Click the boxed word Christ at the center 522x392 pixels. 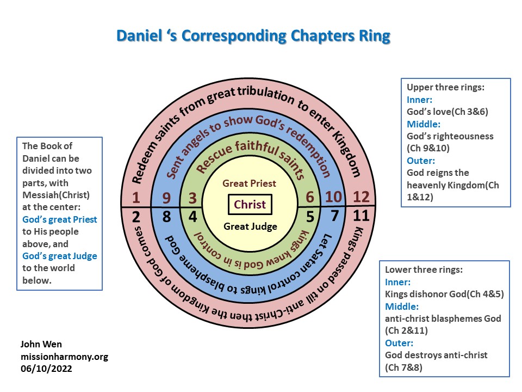point(250,205)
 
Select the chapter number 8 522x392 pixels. point(167,217)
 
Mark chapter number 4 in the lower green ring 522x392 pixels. point(192,217)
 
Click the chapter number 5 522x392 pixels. point(310,217)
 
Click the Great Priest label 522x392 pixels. point(250,184)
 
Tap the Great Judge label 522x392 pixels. point(250,226)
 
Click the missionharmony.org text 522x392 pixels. point(64,357)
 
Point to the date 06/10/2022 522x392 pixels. point(46,369)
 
